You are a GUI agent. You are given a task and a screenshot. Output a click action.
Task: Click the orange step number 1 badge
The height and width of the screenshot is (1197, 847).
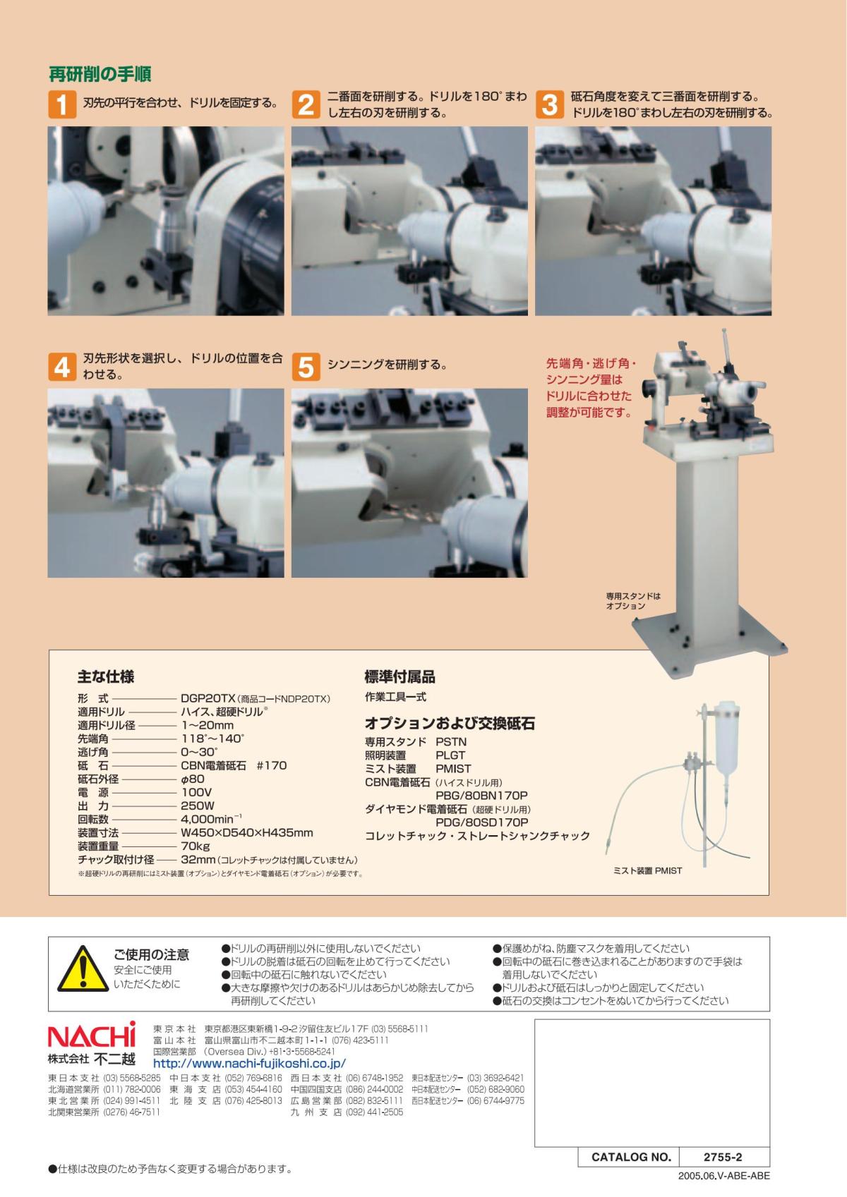point(62,104)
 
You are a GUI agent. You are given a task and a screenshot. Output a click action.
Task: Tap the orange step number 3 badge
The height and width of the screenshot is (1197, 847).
point(550,104)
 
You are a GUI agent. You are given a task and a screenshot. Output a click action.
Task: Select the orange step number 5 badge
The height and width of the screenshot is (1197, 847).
point(306,367)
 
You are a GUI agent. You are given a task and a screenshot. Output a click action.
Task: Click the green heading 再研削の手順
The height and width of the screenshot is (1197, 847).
point(100,74)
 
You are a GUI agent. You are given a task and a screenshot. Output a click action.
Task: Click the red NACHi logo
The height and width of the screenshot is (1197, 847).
point(92,1035)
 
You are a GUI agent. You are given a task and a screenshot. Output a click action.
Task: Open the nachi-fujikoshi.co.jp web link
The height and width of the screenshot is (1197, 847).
point(249,1064)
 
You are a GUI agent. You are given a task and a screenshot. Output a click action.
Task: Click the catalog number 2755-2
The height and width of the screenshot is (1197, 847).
point(723,1157)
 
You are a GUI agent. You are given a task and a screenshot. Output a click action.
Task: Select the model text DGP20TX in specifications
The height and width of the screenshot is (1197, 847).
point(208,698)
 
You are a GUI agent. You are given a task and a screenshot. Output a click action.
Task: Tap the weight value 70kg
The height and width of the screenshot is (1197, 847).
point(196,846)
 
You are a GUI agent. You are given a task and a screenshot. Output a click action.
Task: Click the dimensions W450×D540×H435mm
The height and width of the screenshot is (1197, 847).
point(247,832)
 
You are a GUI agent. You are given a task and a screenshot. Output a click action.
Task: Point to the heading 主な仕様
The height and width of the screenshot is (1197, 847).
point(106,676)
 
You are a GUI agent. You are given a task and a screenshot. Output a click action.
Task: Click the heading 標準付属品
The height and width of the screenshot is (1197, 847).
point(400,676)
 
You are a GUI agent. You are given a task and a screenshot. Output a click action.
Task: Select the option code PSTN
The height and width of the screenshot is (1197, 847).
point(451,742)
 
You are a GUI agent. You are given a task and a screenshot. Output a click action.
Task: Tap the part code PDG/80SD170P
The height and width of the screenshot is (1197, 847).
point(482,822)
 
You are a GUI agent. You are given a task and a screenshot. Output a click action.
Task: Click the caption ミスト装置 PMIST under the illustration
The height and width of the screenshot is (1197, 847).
point(647,871)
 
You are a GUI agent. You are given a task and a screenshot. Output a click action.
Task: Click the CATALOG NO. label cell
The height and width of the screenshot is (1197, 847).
point(631,1157)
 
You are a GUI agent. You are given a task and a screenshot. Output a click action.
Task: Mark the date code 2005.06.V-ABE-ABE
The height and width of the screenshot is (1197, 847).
point(724,1176)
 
